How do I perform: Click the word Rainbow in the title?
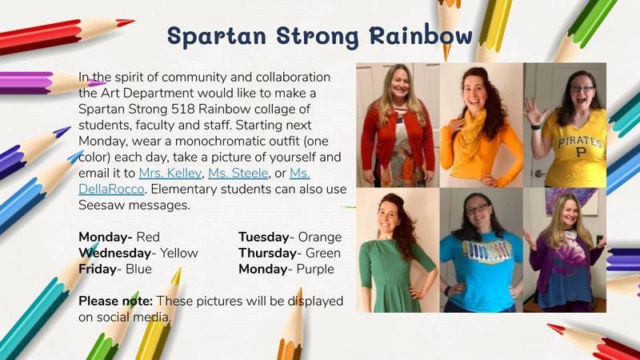click(x=421, y=35)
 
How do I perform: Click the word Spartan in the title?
click(x=217, y=36)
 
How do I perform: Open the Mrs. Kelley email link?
click(x=170, y=173)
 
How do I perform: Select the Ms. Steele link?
click(x=238, y=173)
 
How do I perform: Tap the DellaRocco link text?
click(x=111, y=189)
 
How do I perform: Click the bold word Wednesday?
click(x=114, y=253)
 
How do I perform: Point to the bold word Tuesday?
click(x=264, y=237)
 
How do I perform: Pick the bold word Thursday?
click(x=268, y=253)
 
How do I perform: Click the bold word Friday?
click(x=98, y=269)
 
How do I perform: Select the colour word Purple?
click(x=315, y=269)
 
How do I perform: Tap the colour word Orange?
click(x=320, y=237)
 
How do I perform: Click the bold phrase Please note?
click(x=115, y=301)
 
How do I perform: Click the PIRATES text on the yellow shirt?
click(x=580, y=142)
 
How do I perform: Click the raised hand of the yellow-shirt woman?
click(x=534, y=111)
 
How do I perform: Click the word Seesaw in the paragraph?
click(x=102, y=205)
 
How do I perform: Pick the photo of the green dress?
click(x=398, y=250)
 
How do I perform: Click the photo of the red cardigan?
click(x=398, y=125)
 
